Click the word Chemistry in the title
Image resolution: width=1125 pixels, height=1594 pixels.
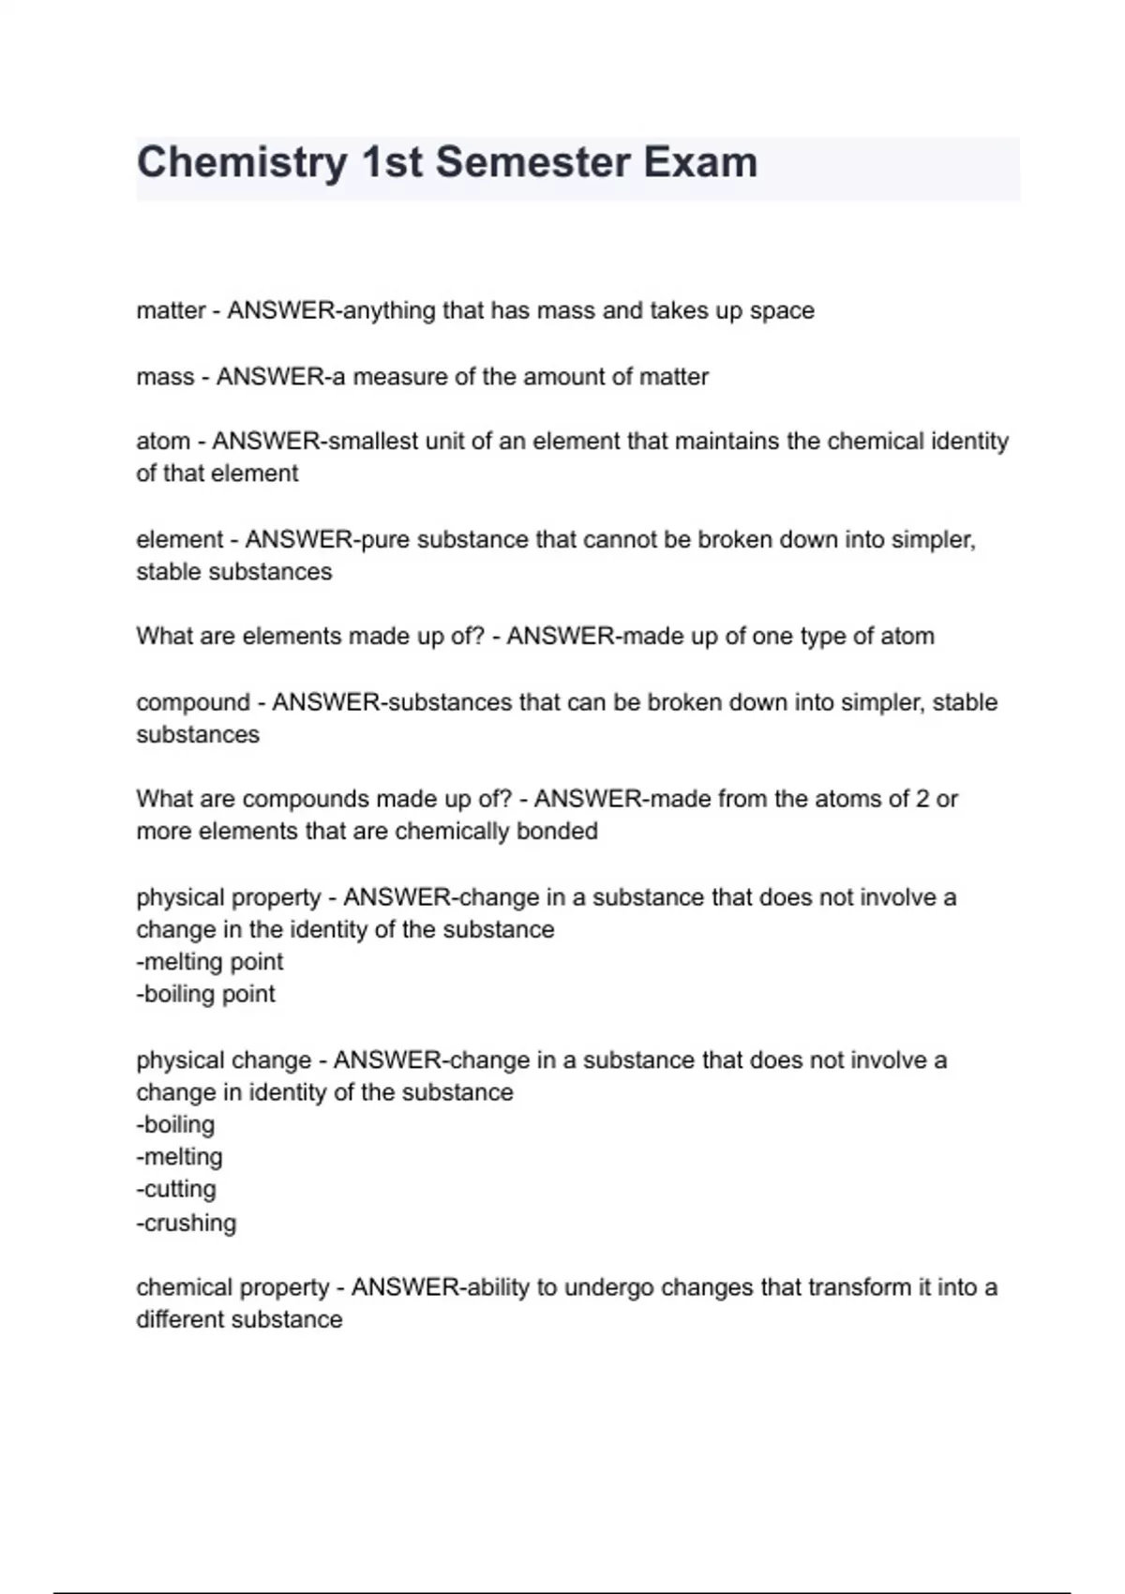point(242,163)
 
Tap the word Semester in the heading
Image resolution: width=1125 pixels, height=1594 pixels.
point(532,161)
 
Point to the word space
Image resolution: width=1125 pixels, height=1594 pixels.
point(782,311)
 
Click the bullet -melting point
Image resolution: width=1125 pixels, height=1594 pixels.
point(210,962)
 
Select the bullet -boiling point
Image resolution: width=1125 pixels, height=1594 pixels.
point(206,994)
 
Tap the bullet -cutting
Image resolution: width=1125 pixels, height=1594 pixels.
point(176,1189)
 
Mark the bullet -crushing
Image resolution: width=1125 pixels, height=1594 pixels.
point(187,1223)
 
